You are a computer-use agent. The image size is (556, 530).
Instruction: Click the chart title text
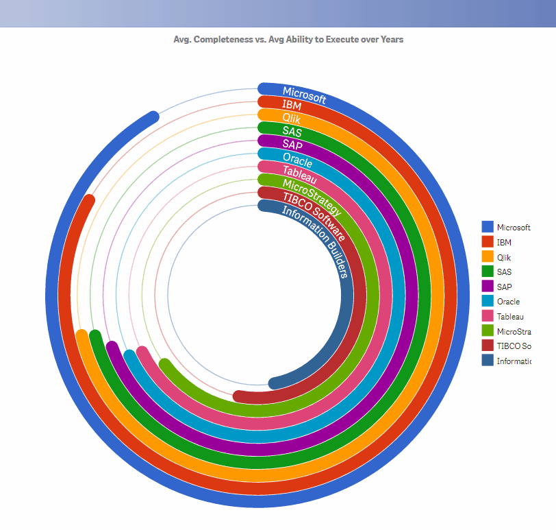tap(288, 39)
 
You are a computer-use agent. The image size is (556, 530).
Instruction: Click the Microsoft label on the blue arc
tap(304, 95)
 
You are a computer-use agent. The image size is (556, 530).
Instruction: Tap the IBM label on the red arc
tap(292, 105)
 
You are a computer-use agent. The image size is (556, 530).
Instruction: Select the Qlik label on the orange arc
tap(292, 118)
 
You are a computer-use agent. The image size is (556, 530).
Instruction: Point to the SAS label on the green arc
tap(292, 131)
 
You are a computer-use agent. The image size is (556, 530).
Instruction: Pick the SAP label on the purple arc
tap(292, 145)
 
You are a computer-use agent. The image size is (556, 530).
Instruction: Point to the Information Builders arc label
tap(317, 239)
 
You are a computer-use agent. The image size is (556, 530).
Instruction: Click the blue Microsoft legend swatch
tap(488, 227)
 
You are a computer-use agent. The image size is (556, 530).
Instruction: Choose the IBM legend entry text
tap(504, 242)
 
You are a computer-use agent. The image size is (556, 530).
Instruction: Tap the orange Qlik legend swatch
tap(488, 256)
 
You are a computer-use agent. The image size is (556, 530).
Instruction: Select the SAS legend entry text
tap(504, 272)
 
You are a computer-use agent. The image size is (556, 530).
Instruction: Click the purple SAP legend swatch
tap(488, 286)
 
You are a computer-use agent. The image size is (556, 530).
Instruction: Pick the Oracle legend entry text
tap(508, 301)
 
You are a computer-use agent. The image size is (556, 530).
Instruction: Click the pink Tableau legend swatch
tap(488, 315)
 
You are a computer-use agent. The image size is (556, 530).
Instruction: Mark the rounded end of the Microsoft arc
tap(153, 117)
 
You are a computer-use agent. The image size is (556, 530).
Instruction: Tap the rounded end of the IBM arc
tap(88, 200)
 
